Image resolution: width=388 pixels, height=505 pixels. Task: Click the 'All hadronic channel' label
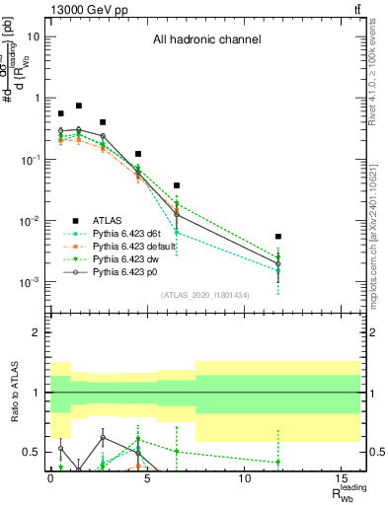206,40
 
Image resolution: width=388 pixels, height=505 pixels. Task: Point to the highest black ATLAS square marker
79,106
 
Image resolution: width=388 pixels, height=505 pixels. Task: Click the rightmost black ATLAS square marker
278,237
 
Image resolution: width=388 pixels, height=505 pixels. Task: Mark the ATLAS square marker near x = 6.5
177,185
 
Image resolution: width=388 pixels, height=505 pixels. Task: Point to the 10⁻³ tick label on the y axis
31,282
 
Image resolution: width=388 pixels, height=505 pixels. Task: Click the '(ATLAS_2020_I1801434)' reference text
205,295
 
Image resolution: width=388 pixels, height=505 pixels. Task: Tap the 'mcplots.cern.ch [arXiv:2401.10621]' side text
379,216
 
